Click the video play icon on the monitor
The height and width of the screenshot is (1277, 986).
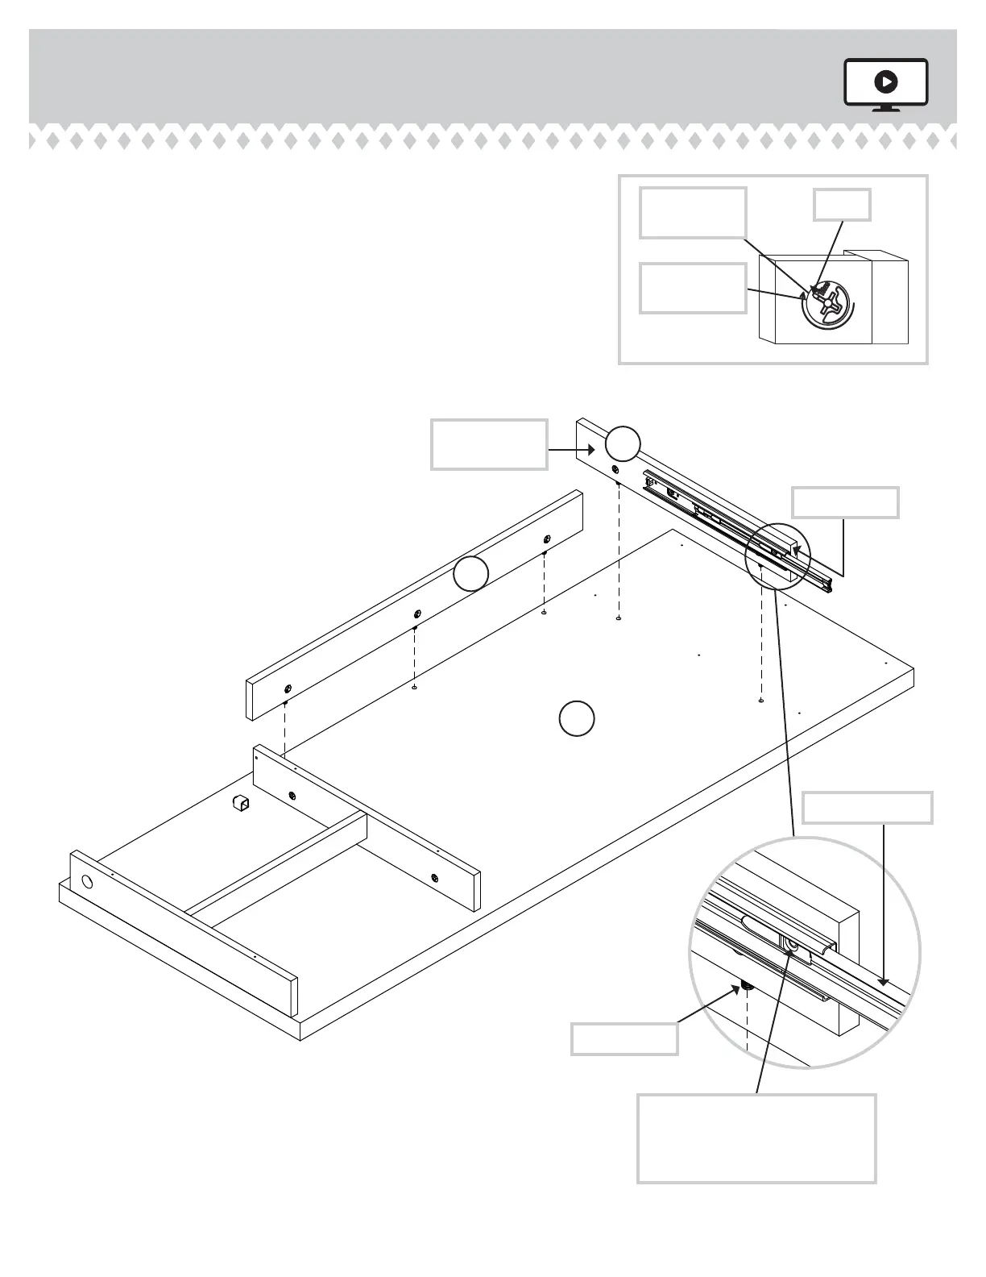(x=885, y=81)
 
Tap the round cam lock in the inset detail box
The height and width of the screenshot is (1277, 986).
(x=829, y=306)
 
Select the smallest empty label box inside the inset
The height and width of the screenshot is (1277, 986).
(x=841, y=205)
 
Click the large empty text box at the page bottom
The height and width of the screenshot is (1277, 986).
(x=756, y=1138)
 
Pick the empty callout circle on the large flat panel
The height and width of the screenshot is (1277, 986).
(x=577, y=718)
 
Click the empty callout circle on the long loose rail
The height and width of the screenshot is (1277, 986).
(x=470, y=574)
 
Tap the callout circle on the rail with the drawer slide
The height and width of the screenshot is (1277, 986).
(x=623, y=444)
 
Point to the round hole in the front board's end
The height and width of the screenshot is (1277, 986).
(x=87, y=881)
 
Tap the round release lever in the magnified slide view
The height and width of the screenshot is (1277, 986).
(x=793, y=946)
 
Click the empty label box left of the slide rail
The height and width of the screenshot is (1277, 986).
(x=489, y=443)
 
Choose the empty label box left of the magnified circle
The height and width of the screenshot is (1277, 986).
(x=623, y=1038)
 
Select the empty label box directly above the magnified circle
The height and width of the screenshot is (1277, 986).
(x=868, y=808)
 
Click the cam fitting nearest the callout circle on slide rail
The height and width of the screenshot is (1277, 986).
(x=615, y=470)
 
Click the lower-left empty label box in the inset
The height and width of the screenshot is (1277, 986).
(x=692, y=288)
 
